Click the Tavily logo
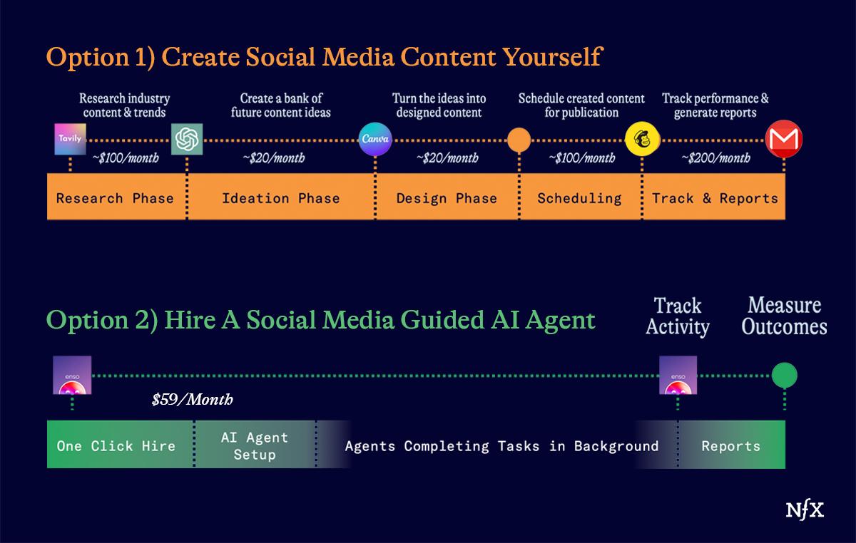pyautogui.click(x=71, y=139)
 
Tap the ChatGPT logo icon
pyautogui.click(x=187, y=139)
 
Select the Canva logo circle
pyautogui.click(x=375, y=139)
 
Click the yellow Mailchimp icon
pyautogui.click(x=643, y=139)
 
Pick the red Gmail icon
pyautogui.click(x=784, y=139)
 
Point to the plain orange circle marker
pyautogui.click(x=519, y=140)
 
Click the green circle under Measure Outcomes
pyautogui.click(x=785, y=375)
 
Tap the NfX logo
pyautogui.click(x=805, y=510)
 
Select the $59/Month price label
pyautogui.click(x=192, y=400)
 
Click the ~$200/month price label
pyautogui.click(x=715, y=157)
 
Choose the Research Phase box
pyautogui.click(x=116, y=197)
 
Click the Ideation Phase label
pyautogui.click(x=281, y=198)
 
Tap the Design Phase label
pyautogui.click(x=447, y=198)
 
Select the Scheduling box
pyautogui.click(x=581, y=197)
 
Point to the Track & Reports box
pyautogui.click(x=714, y=197)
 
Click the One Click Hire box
pyautogui.click(x=121, y=445)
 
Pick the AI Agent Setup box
pyautogui.click(x=255, y=445)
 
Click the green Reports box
pyautogui.click(x=732, y=445)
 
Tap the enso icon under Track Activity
pyautogui.click(x=678, y=375)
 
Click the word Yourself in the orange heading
pyautogui.click(x=553, y=57)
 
